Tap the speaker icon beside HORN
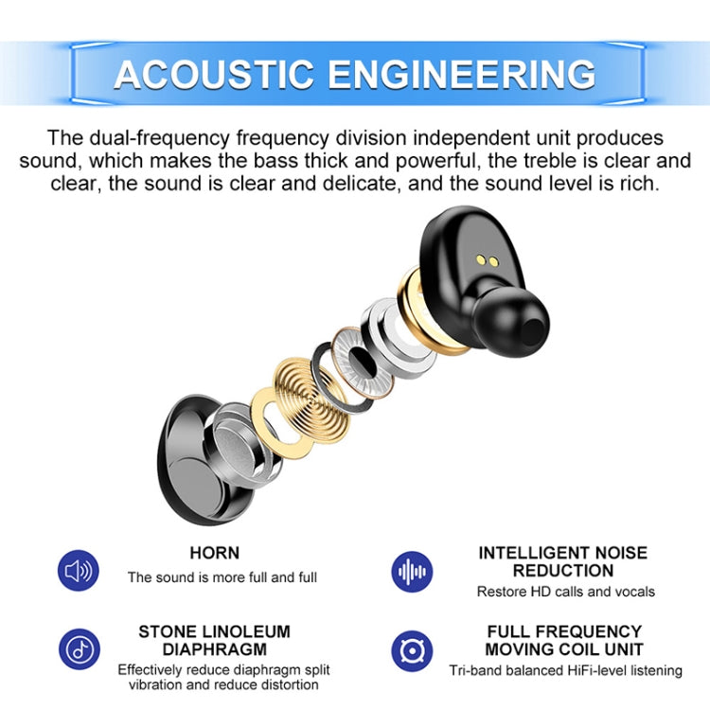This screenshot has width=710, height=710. pyautogui.click(x=78, y=571)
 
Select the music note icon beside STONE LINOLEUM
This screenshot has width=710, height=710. pyautogui.click(x=78, y=649)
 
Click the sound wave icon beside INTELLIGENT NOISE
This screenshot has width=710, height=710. pyautogui.click(x=413, y=571)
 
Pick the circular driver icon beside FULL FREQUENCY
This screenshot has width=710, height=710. pyautogui.click(x=413, y=650)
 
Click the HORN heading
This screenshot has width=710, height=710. pyautogui.click(x=215, y=553)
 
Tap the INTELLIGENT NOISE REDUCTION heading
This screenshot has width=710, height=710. pyautogui.click(x=562, y=561)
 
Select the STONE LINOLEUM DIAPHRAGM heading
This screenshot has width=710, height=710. pyautogui.click(x=215, y=640)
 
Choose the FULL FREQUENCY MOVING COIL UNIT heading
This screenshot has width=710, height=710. pyautogui.click(x=564, y=640)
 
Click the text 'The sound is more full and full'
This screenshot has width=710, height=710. pyautogui.click(x=222, y=577)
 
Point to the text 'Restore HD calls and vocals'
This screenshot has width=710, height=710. pyautogui.click(x=565, y=592)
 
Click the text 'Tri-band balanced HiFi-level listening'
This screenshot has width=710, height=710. pyautogui.click(x=565, y=670)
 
